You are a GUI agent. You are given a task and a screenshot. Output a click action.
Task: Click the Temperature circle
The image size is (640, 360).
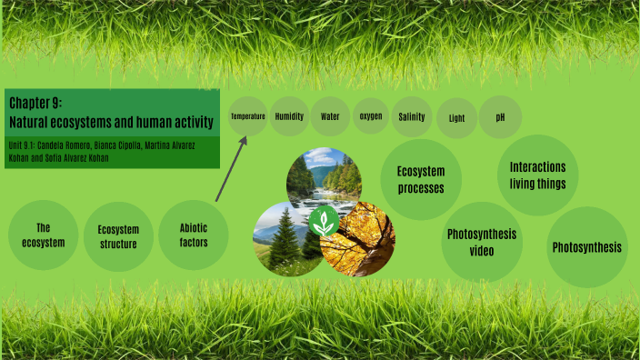247,117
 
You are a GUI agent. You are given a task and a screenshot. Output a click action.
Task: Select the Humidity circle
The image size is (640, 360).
289,116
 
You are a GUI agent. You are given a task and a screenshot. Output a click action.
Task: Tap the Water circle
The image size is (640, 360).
329,116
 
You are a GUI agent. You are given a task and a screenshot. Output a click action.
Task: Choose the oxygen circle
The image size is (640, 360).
371,116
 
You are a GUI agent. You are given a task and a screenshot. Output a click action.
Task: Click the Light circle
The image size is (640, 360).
456,118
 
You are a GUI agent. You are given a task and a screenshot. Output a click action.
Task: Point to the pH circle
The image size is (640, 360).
500,117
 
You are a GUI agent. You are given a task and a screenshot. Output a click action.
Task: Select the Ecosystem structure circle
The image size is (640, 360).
118,236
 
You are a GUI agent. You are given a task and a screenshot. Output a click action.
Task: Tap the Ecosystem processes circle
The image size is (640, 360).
420,179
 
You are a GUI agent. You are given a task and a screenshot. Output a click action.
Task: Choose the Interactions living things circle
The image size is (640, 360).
537,175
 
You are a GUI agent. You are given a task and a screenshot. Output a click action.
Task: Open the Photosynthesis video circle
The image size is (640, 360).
481,242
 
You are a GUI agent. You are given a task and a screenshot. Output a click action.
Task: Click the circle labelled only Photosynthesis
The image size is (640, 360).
587,247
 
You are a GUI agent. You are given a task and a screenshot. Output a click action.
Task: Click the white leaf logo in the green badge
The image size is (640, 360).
321,222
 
